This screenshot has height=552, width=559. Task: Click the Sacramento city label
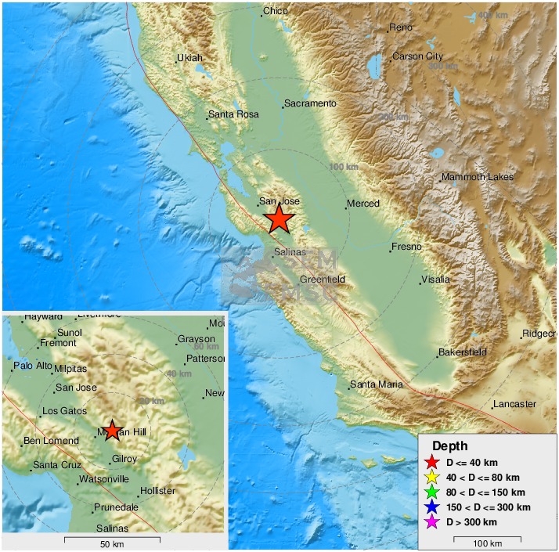310,103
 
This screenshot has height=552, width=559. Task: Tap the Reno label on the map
400,28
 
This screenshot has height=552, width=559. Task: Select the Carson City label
418,56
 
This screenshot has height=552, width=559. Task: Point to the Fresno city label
406,247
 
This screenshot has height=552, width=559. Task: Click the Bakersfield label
462,352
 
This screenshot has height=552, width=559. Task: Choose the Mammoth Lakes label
478,177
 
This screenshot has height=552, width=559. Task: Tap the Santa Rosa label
233,115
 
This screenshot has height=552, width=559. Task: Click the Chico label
276,11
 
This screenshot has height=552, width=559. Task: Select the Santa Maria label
377,384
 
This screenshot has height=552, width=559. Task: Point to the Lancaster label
514,405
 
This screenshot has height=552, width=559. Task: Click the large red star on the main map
278,220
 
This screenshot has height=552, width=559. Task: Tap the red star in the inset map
112,430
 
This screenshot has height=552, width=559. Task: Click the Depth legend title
449,446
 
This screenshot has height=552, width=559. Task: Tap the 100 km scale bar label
488,543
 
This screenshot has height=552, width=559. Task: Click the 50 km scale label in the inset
112,544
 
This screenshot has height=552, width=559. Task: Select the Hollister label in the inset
157,491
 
